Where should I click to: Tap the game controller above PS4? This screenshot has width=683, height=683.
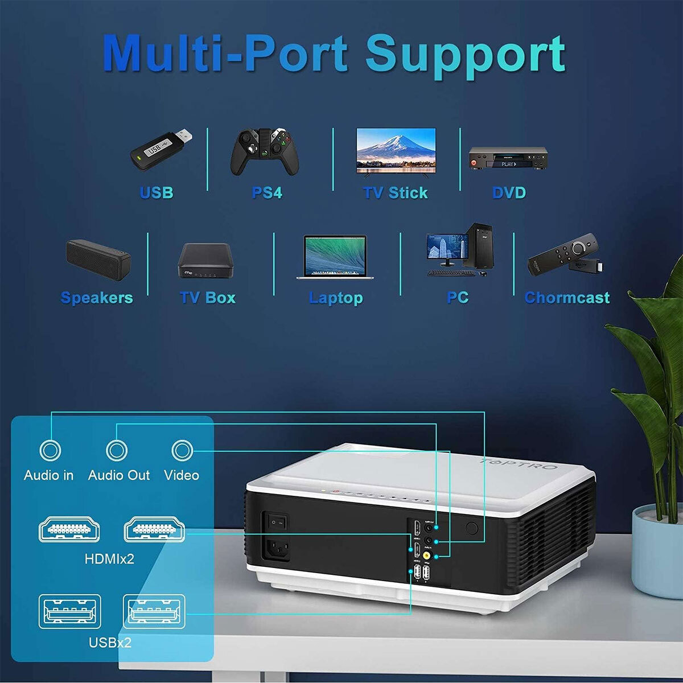[265, 152]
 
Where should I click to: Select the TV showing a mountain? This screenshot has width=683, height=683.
[396, 150]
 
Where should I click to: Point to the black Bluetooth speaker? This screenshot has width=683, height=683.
[98, 260]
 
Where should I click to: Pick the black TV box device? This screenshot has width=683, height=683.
[205, 261]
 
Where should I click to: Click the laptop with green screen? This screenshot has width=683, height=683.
[335, 257]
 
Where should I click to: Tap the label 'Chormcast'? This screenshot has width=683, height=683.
[566, 298]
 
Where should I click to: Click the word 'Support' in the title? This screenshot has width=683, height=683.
[465, 54]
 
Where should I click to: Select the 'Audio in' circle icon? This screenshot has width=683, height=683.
[50, 451]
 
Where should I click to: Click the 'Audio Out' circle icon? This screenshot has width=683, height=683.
[116, 451]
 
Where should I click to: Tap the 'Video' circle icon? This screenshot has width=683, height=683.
[182, 451]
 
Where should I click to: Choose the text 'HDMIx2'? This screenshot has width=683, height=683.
[109, 559]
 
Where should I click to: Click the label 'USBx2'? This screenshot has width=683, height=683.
[110, 643]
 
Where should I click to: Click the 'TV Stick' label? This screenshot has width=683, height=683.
[396, 193]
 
